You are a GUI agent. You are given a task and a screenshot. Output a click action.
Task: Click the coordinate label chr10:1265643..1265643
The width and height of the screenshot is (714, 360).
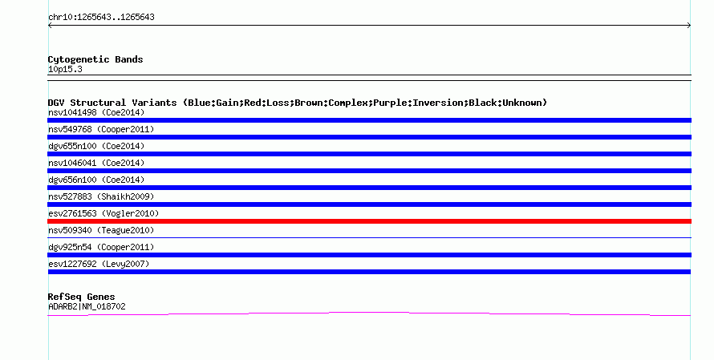101,18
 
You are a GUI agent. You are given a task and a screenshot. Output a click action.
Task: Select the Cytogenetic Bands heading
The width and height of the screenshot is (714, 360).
95,59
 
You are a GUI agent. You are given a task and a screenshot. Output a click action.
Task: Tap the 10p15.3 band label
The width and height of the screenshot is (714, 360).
65,69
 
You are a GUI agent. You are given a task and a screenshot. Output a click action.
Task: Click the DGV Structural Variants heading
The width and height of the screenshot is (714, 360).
298,103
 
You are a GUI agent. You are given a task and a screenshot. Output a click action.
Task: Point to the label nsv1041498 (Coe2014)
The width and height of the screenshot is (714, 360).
96,112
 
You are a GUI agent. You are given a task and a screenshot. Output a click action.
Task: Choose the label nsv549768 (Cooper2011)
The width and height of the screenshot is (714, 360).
101,129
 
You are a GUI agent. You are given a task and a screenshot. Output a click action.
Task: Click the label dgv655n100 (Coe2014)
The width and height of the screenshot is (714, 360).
96,146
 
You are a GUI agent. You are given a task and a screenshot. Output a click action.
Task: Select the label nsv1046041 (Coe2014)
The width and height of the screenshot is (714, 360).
96,163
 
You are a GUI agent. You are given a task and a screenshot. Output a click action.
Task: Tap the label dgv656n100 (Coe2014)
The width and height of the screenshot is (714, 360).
96,180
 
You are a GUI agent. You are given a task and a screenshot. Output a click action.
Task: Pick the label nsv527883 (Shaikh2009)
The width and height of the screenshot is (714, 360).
101,196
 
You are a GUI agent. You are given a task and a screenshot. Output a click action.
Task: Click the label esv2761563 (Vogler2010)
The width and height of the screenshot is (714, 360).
103,213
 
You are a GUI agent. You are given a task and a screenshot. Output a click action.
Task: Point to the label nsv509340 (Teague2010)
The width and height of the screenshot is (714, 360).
101,230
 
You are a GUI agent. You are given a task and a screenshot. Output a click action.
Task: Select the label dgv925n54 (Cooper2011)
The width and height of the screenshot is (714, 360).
101,247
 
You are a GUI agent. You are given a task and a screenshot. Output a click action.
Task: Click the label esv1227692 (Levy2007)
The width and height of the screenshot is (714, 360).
99,264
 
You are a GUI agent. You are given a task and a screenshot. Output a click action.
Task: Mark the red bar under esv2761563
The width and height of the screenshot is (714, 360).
369,221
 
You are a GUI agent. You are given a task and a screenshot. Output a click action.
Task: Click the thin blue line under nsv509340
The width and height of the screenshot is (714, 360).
369,237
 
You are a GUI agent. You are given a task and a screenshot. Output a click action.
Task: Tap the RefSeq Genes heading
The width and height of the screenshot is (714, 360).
81,297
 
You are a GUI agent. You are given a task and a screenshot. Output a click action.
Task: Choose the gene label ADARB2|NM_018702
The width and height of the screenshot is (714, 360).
87,307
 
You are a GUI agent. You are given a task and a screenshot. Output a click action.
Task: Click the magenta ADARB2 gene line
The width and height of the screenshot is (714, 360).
369,313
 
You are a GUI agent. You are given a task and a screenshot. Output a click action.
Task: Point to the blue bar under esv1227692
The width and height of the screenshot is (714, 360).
369,272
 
